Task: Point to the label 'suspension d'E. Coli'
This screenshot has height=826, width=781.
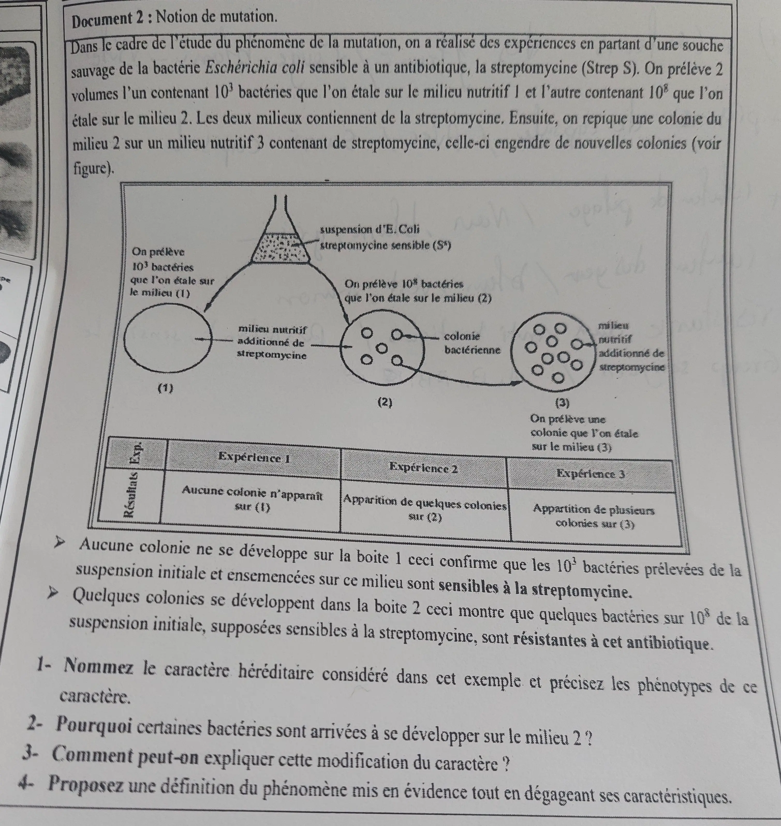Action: (x=370, y=229)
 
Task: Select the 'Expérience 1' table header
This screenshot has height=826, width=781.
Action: (x=254, y=458)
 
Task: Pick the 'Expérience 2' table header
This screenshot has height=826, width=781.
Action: (x=423, y=468)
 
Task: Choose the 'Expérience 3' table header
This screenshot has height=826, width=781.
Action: (x=590, y=474)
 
